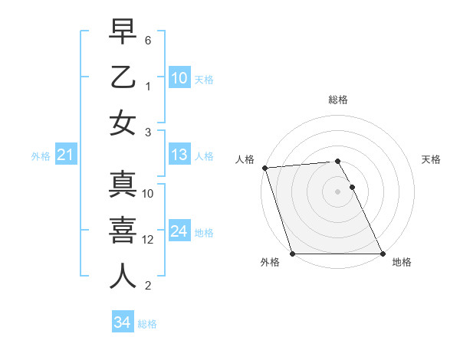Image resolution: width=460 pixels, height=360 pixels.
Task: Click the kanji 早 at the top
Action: tap(123, 31)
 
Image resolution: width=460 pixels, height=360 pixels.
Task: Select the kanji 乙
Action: tap(123, 77)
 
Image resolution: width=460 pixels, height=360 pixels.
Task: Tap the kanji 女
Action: tap(123, 123)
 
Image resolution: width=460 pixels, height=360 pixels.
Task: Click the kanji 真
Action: tap(123, 185)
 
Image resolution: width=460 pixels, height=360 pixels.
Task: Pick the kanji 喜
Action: tap(123, 231)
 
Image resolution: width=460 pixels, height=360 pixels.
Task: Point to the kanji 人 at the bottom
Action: tap(123, 277)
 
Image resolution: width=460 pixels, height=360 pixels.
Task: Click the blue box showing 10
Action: tap(179, 78)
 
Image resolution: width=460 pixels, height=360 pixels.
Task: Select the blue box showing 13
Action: tap(179, 155)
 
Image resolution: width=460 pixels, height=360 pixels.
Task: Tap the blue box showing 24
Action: tap(179, 231)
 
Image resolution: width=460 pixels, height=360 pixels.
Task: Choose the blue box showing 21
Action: tap(65, 155)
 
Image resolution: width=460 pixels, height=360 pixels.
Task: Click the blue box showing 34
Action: tap(122, 323)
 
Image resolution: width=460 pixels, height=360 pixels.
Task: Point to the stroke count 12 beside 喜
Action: tap(149, 240)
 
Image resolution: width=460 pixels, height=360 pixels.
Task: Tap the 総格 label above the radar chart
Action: tap(338, 100)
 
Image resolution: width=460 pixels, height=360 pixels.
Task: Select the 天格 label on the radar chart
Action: tap(432, 159)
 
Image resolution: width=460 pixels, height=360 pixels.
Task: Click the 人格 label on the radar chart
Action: tap(245, 159)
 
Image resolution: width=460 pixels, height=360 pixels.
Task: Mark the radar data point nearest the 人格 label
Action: tap(264, 168)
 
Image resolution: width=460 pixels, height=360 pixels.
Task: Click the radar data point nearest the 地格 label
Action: tap(383, 254)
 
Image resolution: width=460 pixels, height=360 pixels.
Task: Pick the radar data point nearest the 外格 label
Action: tap(293, 254)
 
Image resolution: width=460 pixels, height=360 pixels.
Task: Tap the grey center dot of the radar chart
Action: tap(338, 191)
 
